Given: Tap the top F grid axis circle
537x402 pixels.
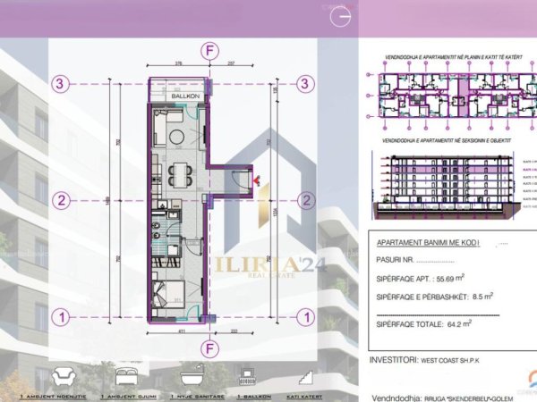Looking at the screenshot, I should [209, 51].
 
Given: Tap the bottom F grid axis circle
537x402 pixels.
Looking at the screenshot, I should [209, 348].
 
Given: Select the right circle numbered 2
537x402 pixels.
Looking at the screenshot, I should [305, 199].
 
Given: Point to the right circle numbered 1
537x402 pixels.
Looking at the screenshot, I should [305, 315].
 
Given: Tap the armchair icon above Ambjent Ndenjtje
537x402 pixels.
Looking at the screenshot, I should [64, 373].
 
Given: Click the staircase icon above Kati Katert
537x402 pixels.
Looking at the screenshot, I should [310, 373].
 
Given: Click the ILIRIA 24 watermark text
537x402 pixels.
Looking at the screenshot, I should [260, 265].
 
